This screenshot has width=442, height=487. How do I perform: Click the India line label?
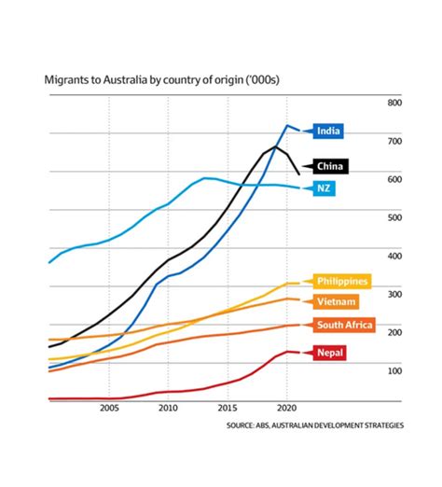(x=328, y=131)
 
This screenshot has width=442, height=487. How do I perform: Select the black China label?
(x=330, y=166)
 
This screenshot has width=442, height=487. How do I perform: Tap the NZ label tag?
(x=324, y=188)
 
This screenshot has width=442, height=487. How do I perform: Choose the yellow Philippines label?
(x=342, y=281)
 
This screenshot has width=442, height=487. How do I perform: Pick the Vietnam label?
(x=336, y=301)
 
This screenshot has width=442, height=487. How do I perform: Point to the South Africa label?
(x=344, y=325)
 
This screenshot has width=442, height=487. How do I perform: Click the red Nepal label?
(x=329, y=353)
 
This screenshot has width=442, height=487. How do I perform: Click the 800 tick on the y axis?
(x=394, y=103)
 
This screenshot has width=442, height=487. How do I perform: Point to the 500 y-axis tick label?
(x=394, y=217)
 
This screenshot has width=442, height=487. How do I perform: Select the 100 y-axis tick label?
(x=394, y=370)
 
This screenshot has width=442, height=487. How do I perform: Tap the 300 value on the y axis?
(x=394, y=294)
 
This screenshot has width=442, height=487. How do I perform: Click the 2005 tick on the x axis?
(x=109, y=408)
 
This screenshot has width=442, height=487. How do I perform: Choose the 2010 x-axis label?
(x=168, y=408)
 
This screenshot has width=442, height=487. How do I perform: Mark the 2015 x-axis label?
(x=228, y=408)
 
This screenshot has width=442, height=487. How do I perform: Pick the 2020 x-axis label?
(x=287, y=408)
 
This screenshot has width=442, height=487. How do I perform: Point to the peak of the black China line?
(x=275, y=146)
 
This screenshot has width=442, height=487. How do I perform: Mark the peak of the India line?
(x=287, y=125)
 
